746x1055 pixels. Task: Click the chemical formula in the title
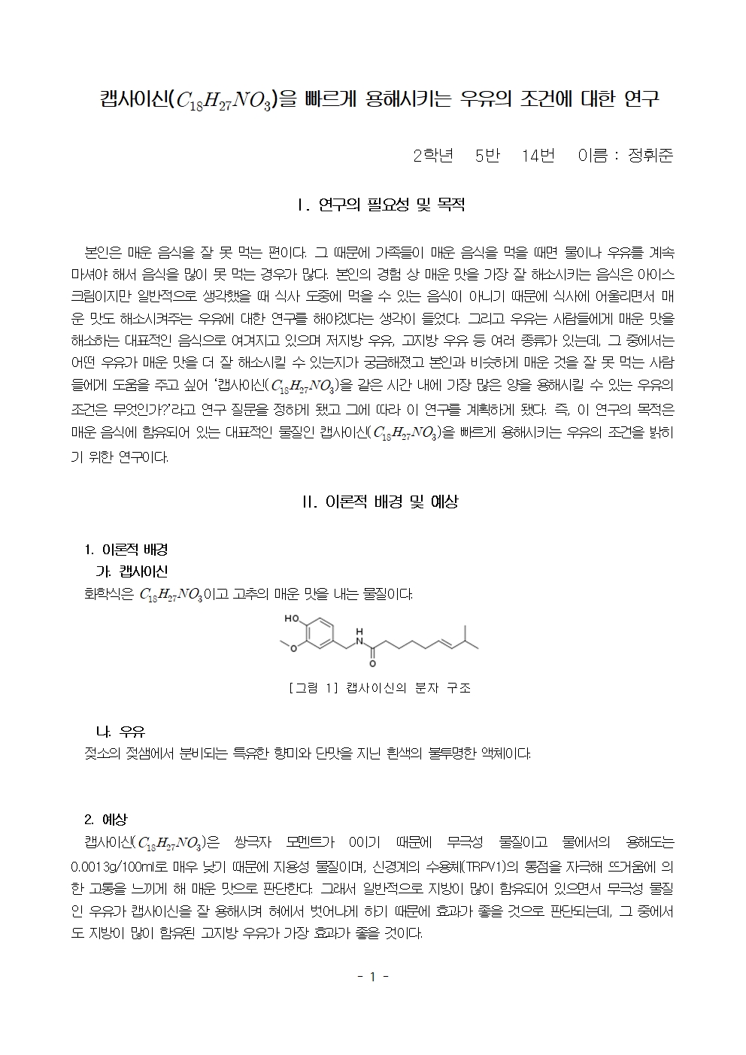point(224,100)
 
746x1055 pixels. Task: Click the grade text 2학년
point(433,156)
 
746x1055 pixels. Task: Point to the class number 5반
point(487,156)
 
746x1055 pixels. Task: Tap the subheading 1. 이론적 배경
point(126,550)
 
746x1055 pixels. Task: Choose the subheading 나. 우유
point(120,731)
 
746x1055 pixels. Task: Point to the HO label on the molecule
point(293,619)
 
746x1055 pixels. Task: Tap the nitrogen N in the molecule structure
point(359,640)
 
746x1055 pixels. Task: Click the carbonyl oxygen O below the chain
point(371,664)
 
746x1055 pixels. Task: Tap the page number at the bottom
point(372,977)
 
